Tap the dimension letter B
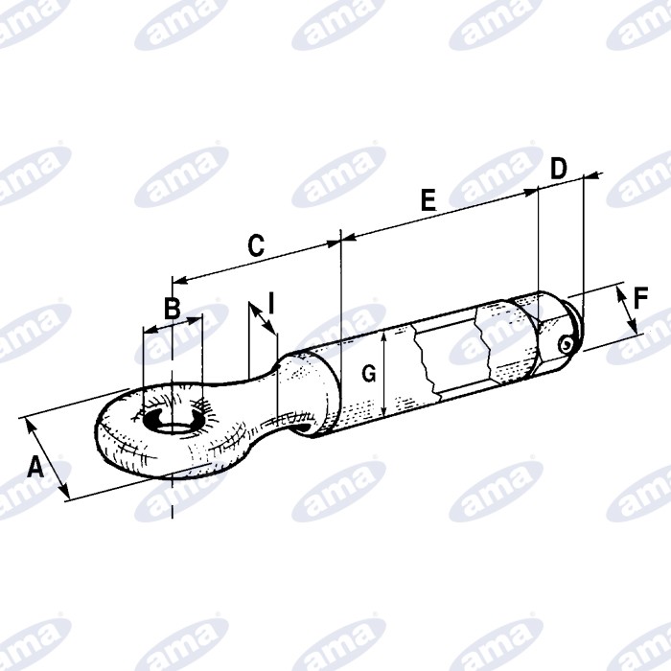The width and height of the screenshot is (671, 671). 172,308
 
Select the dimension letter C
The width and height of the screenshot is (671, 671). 256,245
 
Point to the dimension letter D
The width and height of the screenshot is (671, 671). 559,168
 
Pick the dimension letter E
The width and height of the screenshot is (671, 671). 428,200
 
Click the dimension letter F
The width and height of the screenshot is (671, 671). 640,298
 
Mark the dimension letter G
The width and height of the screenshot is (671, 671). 369,374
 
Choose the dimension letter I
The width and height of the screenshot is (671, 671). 271,303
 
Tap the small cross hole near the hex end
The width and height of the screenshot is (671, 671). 566,344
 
